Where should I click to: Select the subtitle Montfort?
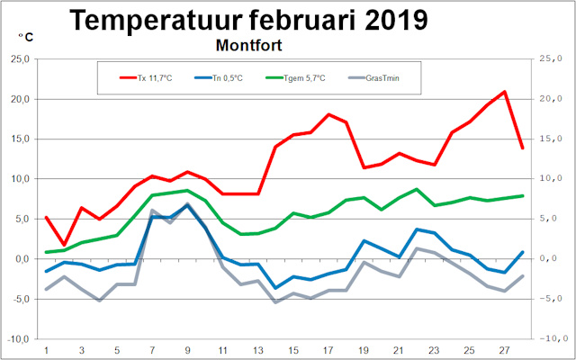tap(256, 43)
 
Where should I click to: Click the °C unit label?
tap(27, 38)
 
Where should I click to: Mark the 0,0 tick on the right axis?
tap(553, 258)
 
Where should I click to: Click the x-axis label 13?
tap(258, 350)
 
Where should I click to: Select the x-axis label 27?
tap(505, 350)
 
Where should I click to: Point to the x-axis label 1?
tap(46, 350)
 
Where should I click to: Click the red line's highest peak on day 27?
tap(505, 92)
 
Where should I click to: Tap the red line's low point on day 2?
tap(64, 244)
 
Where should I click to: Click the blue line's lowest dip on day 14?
tap(275, 288)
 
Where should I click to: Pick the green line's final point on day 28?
tap(522, 195)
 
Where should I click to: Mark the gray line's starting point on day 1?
tap(46, 290)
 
